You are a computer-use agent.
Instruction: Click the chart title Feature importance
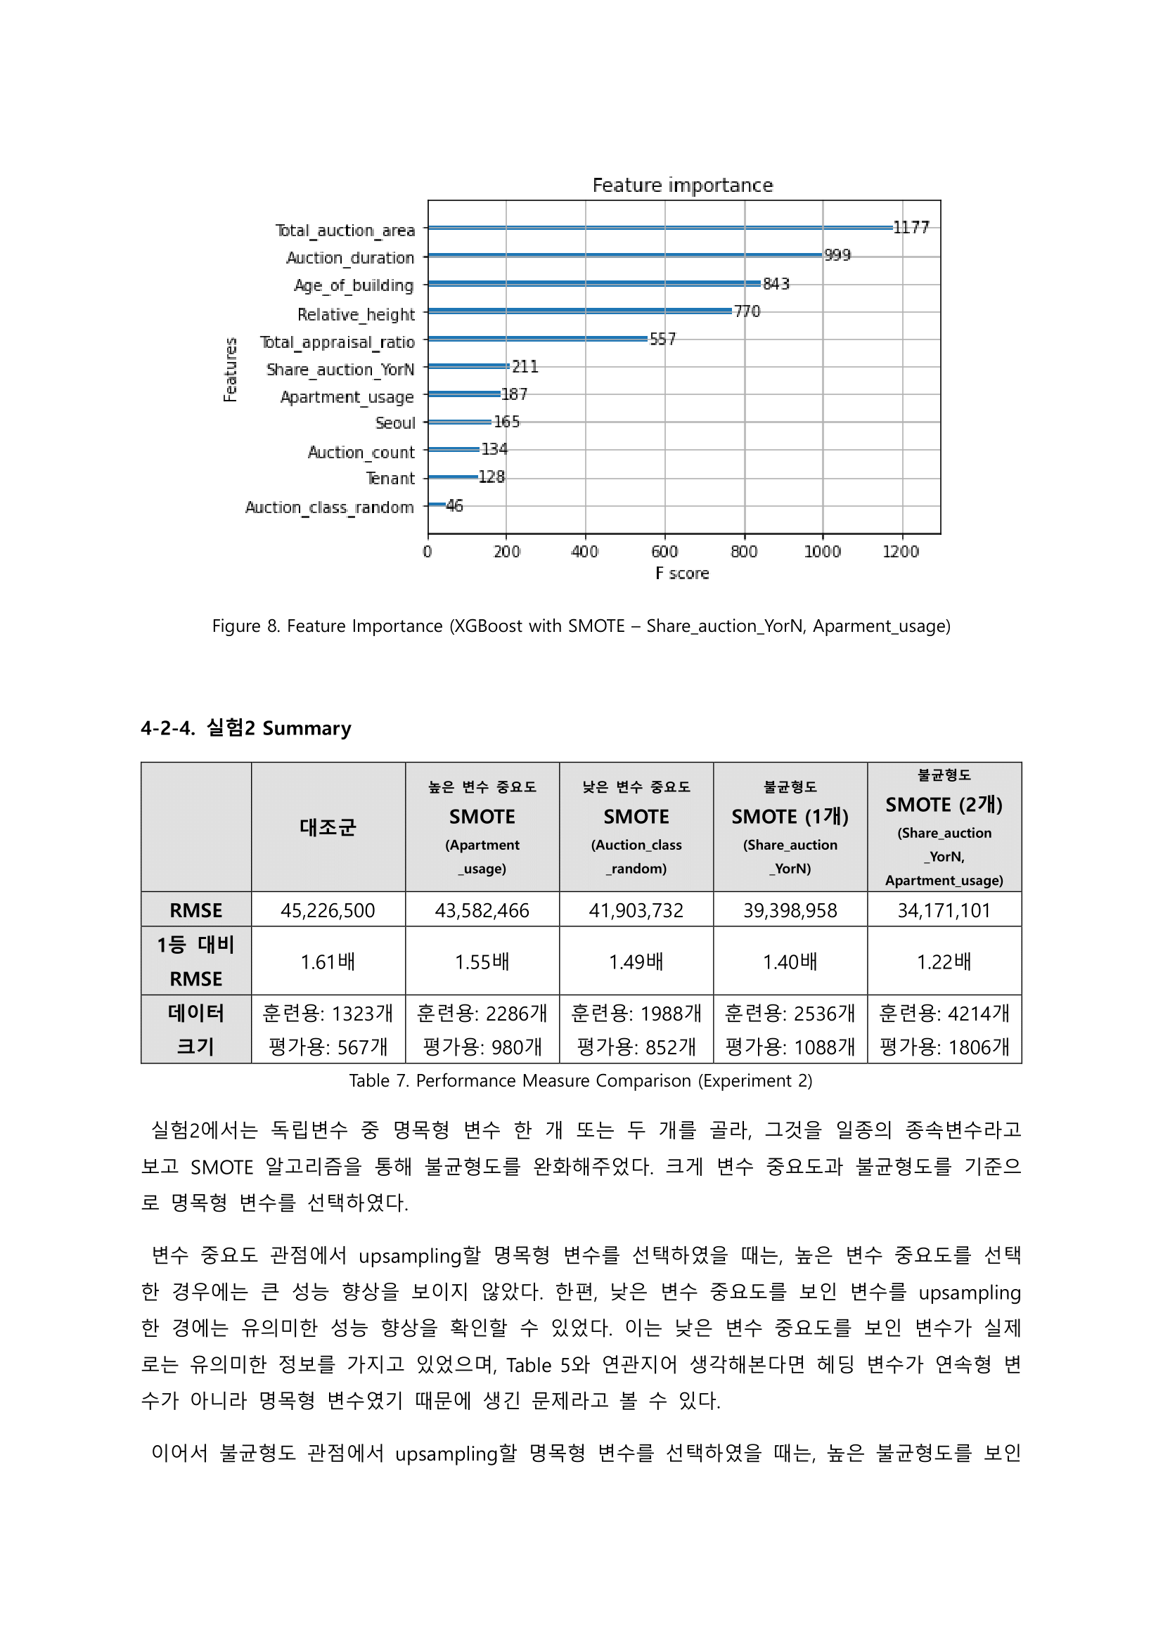click(682, 186)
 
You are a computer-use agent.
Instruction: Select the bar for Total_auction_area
click(659, 228)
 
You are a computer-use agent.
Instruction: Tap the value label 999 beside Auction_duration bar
click(837, 255)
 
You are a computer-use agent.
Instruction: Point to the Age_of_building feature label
click(354, 285)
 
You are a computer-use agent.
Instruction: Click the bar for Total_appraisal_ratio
click(537, 339)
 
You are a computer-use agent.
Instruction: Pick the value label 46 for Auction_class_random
click(454, 505)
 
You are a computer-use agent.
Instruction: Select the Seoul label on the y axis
click(394, 423)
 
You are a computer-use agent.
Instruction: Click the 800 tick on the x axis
click(743, 551)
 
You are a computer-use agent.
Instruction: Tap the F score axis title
click(682, 574)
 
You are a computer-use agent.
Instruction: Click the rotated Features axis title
click(230, 370)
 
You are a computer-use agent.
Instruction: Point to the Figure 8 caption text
click(581, 626)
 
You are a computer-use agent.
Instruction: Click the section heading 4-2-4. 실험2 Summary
click(245, 728)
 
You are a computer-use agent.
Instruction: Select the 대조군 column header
click(327, 827)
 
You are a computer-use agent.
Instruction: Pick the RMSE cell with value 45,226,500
click(327, 910)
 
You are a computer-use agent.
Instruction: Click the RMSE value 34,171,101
click(943, 910)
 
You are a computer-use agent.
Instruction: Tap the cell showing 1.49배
click(635, 962)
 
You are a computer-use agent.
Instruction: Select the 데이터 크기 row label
click(195, 1030)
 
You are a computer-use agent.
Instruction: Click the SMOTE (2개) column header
click(943, 805)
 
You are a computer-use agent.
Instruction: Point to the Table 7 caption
click(580, 1080)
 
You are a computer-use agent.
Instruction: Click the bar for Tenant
click(453, 477)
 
